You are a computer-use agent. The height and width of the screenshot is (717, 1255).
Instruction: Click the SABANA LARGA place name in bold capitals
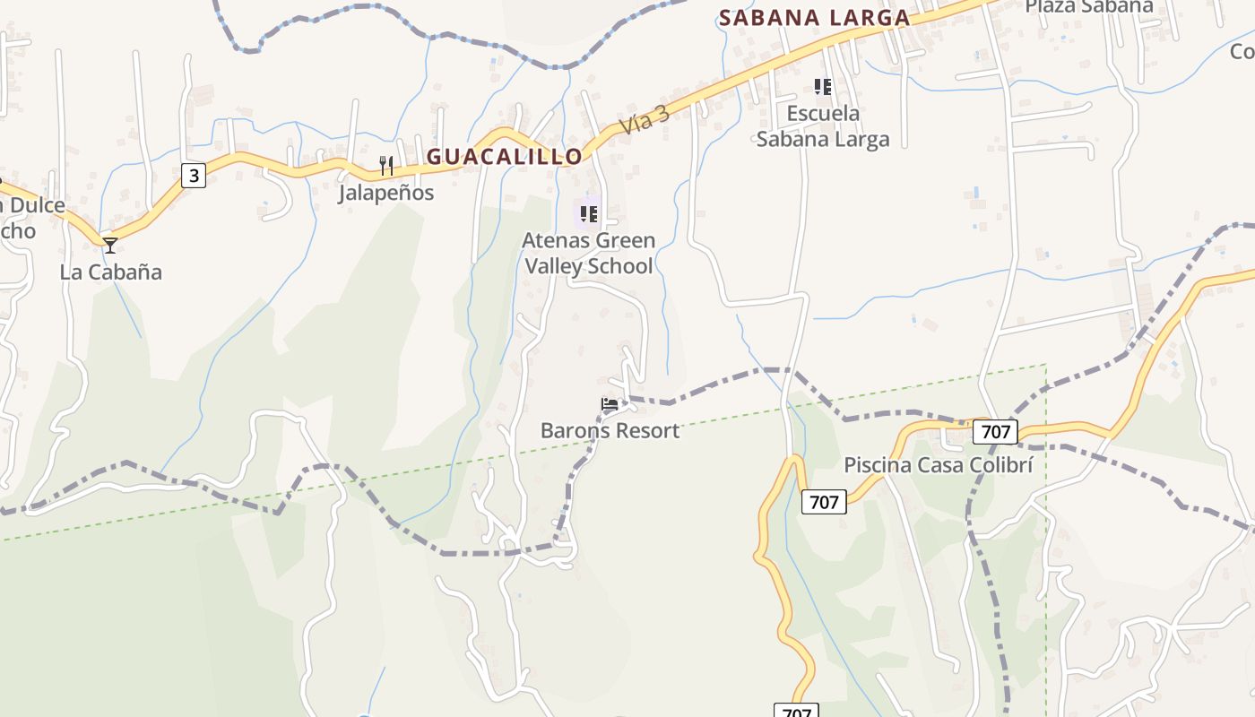(x=814, y=17)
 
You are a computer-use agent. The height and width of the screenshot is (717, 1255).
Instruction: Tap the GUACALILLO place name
(x=505, y=157)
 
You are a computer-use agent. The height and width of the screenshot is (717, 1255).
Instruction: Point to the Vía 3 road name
(x=645, y=120)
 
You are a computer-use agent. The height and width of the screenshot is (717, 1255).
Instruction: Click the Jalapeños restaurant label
(x=386, y=193)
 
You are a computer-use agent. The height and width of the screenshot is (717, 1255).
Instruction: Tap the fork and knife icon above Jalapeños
(x=386, y=165)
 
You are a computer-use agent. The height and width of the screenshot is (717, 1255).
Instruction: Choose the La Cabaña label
(x=111, y=272)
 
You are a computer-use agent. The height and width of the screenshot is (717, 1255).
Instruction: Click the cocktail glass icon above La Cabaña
(x=109, y=245)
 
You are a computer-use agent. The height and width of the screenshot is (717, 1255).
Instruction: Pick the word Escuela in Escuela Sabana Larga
(x=823, y=114)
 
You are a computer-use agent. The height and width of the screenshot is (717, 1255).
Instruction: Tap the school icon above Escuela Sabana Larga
(x=823, y=87)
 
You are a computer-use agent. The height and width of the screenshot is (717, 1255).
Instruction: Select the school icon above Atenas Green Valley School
(x=588, y=213)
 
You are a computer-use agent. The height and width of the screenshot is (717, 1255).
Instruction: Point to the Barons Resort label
(x=610, y=431)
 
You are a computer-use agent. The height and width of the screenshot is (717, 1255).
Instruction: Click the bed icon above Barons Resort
(x=610, y=404)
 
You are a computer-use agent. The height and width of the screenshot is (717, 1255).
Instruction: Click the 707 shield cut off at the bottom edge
(x=796, y=712)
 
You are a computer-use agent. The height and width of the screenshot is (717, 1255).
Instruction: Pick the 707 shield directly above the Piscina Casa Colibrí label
(x=996, y=433)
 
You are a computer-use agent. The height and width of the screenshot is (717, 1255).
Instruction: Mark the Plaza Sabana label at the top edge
(x=1088, y=6)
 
